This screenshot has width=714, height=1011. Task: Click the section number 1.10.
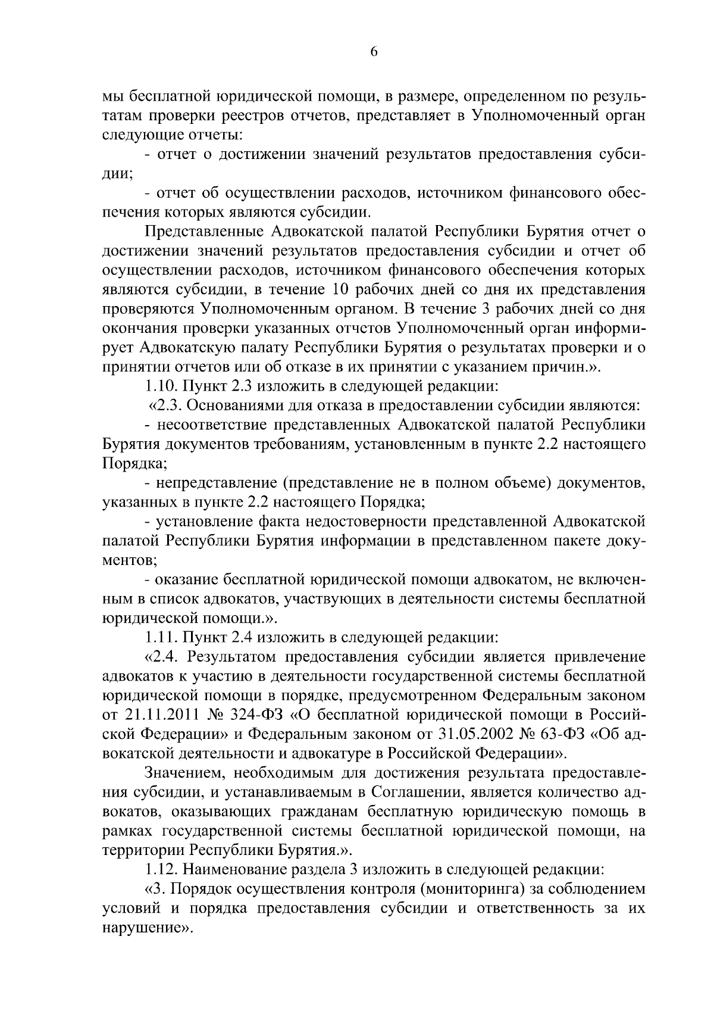click(x=161, y=386)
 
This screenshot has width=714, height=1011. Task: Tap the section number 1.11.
click(x=161, y=637)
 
